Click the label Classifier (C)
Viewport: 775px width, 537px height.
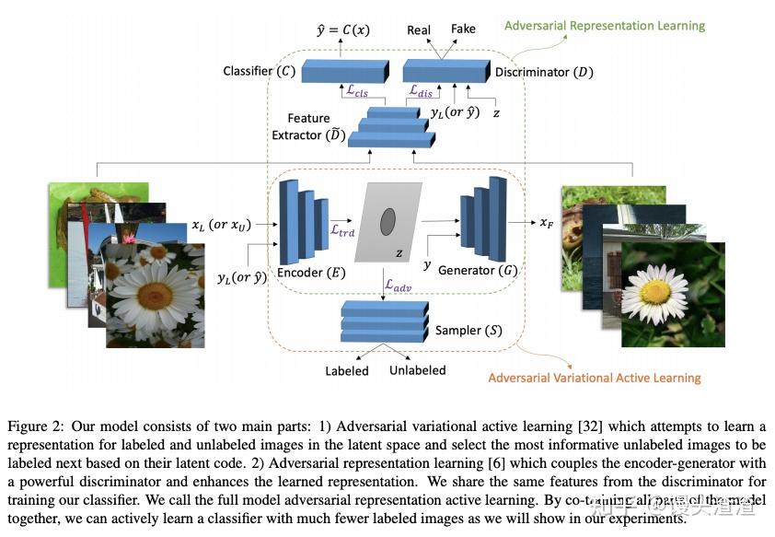[x=260, y=71]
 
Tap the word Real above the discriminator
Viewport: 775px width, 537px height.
[x=419, y=30]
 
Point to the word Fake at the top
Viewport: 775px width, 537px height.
[x=463, y=29]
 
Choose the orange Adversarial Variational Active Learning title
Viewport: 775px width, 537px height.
[x=594, y=378]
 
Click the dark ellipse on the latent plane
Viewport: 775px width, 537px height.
[x=388, y=221]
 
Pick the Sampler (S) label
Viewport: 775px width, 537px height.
[x=469, y=330]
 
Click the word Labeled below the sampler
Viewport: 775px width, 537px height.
[x=347, y=371]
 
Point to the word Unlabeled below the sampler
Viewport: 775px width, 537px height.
[x=418, y=370]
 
